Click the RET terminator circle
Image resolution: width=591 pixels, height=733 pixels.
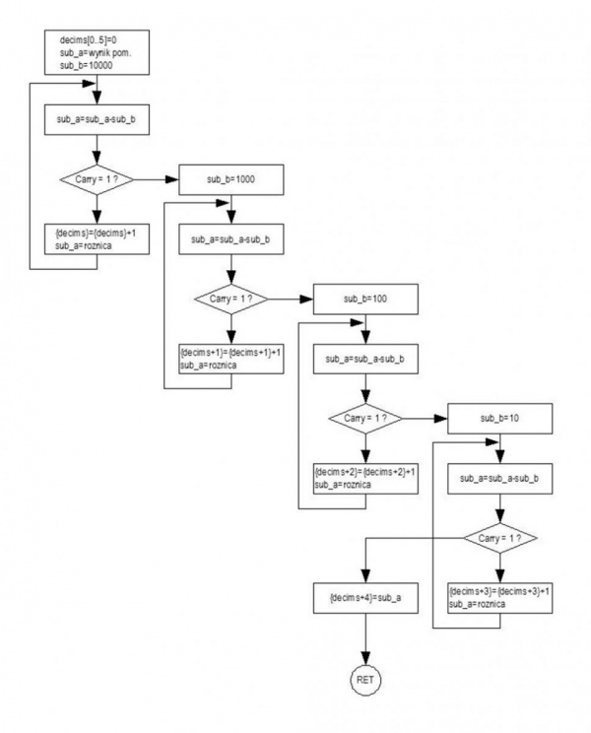point(365,680)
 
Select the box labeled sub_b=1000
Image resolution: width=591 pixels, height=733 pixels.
point(231,179)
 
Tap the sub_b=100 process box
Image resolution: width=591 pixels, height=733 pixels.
point(365,299)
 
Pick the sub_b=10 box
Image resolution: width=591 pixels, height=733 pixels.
point(500,419)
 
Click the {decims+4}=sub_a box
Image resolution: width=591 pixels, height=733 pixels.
point(365,598)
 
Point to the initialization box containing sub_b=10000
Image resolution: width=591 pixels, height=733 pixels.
point(97,52)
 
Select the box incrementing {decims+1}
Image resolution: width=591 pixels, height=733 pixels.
point(231,359)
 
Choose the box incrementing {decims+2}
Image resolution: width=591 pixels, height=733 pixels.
point(365,478)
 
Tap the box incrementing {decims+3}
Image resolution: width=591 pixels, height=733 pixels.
point(500,598)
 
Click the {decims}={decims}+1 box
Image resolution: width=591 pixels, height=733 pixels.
point(97,238)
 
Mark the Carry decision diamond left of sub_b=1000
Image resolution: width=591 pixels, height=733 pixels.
point(97,179)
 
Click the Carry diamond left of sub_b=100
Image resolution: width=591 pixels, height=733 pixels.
point(231,299)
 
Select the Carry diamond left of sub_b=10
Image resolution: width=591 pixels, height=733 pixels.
point(365,419)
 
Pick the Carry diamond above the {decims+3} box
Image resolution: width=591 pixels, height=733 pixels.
point(500,538)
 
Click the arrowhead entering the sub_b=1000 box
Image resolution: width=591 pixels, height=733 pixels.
point(172,179)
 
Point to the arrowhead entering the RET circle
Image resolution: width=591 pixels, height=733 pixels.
point(365,658)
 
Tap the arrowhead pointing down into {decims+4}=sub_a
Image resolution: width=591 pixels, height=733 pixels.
point(365,576)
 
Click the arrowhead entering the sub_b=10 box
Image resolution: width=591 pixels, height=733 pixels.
point(441,419)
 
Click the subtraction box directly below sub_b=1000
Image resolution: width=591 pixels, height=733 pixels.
point(231,238)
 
